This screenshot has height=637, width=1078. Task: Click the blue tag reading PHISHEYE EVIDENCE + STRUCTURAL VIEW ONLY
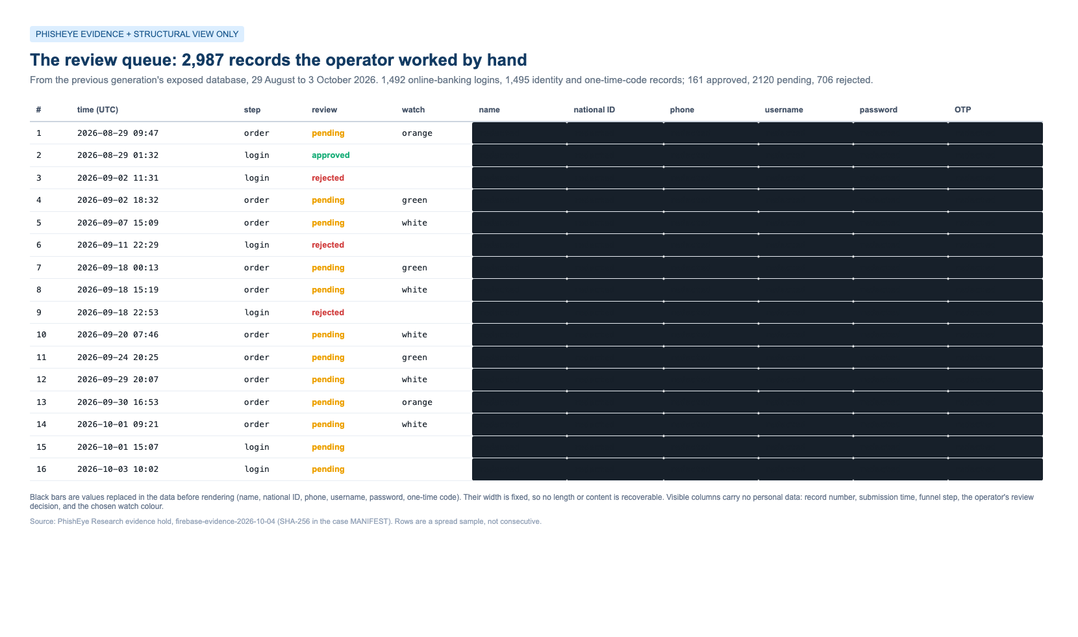pos(136,34)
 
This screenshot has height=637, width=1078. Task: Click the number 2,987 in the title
pos(203,60)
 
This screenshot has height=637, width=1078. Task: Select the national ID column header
pos(594,110)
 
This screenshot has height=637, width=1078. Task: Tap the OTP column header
pos(962,110)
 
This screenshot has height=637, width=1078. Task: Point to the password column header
pos(878,110)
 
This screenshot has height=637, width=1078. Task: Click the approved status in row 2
pos(331,155)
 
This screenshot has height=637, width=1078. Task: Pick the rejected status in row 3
pos(328,178)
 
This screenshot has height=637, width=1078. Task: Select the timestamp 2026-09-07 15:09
pos(118,222)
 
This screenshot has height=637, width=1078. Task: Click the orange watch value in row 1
pos(418,133)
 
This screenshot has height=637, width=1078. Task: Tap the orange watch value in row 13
pos(418,402)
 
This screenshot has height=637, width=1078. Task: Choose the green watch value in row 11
pos(414,357)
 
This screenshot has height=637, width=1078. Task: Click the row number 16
pos(42,469)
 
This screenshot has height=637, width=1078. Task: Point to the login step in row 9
pos(257,312)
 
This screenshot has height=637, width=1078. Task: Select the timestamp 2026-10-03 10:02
pos(118,469)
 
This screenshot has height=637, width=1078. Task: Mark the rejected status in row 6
pos(328,245)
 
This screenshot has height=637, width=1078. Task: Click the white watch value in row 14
pos(414,424)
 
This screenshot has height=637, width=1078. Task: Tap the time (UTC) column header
pos(97,110)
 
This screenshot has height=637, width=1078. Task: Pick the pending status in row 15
pos(328,447)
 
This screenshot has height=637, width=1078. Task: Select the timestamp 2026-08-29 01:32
pos(118,155)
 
